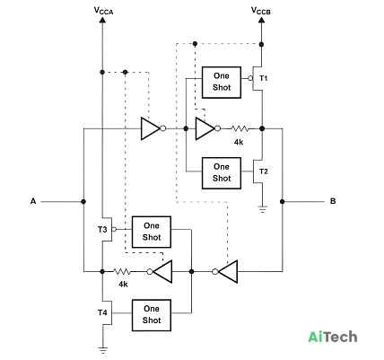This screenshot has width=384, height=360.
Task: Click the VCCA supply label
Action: [103, 11]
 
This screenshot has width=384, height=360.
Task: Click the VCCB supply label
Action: [261, 11]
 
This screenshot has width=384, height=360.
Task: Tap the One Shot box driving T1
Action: [222, 83]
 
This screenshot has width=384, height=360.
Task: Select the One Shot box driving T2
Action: [222, 173]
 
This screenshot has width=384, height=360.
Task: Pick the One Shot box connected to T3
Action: [152, 232]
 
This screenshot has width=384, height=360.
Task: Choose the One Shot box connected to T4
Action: [152, 315]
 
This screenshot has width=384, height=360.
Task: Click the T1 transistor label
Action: [264, 78]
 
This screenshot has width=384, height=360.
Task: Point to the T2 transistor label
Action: [264, 171]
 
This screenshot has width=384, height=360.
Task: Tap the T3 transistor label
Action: [102, 230]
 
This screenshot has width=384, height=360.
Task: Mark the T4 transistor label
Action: [102, 312]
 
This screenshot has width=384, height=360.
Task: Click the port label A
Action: [33, 201]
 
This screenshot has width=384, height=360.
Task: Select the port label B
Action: [333, 201]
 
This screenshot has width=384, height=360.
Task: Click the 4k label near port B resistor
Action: [239, 142]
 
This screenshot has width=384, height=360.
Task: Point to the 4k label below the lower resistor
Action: [123, 284]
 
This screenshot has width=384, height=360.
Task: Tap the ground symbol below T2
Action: [262, 209]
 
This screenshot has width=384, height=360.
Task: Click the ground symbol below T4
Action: [102, 350]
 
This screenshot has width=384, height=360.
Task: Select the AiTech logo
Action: [333, 337]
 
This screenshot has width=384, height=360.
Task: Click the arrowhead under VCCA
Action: [102, 20]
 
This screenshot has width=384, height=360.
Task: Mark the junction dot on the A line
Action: [83, 202]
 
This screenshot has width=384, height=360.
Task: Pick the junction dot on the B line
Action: [282, 202]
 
